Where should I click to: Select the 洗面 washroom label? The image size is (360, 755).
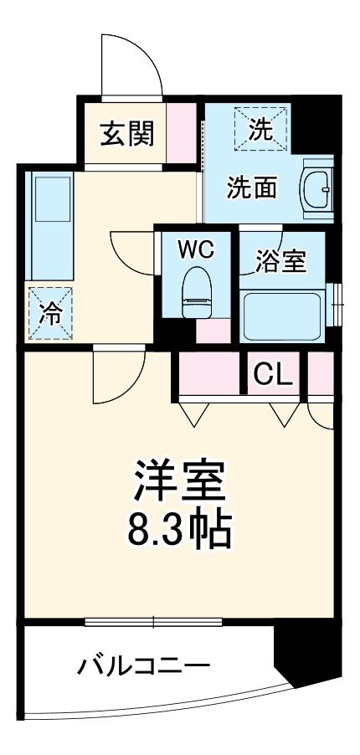coord(252,188)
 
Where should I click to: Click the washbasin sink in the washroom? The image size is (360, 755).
coord(317,187)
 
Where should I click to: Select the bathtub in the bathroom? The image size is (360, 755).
coord(282,316)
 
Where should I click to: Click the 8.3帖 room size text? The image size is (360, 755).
coord(178,526)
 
